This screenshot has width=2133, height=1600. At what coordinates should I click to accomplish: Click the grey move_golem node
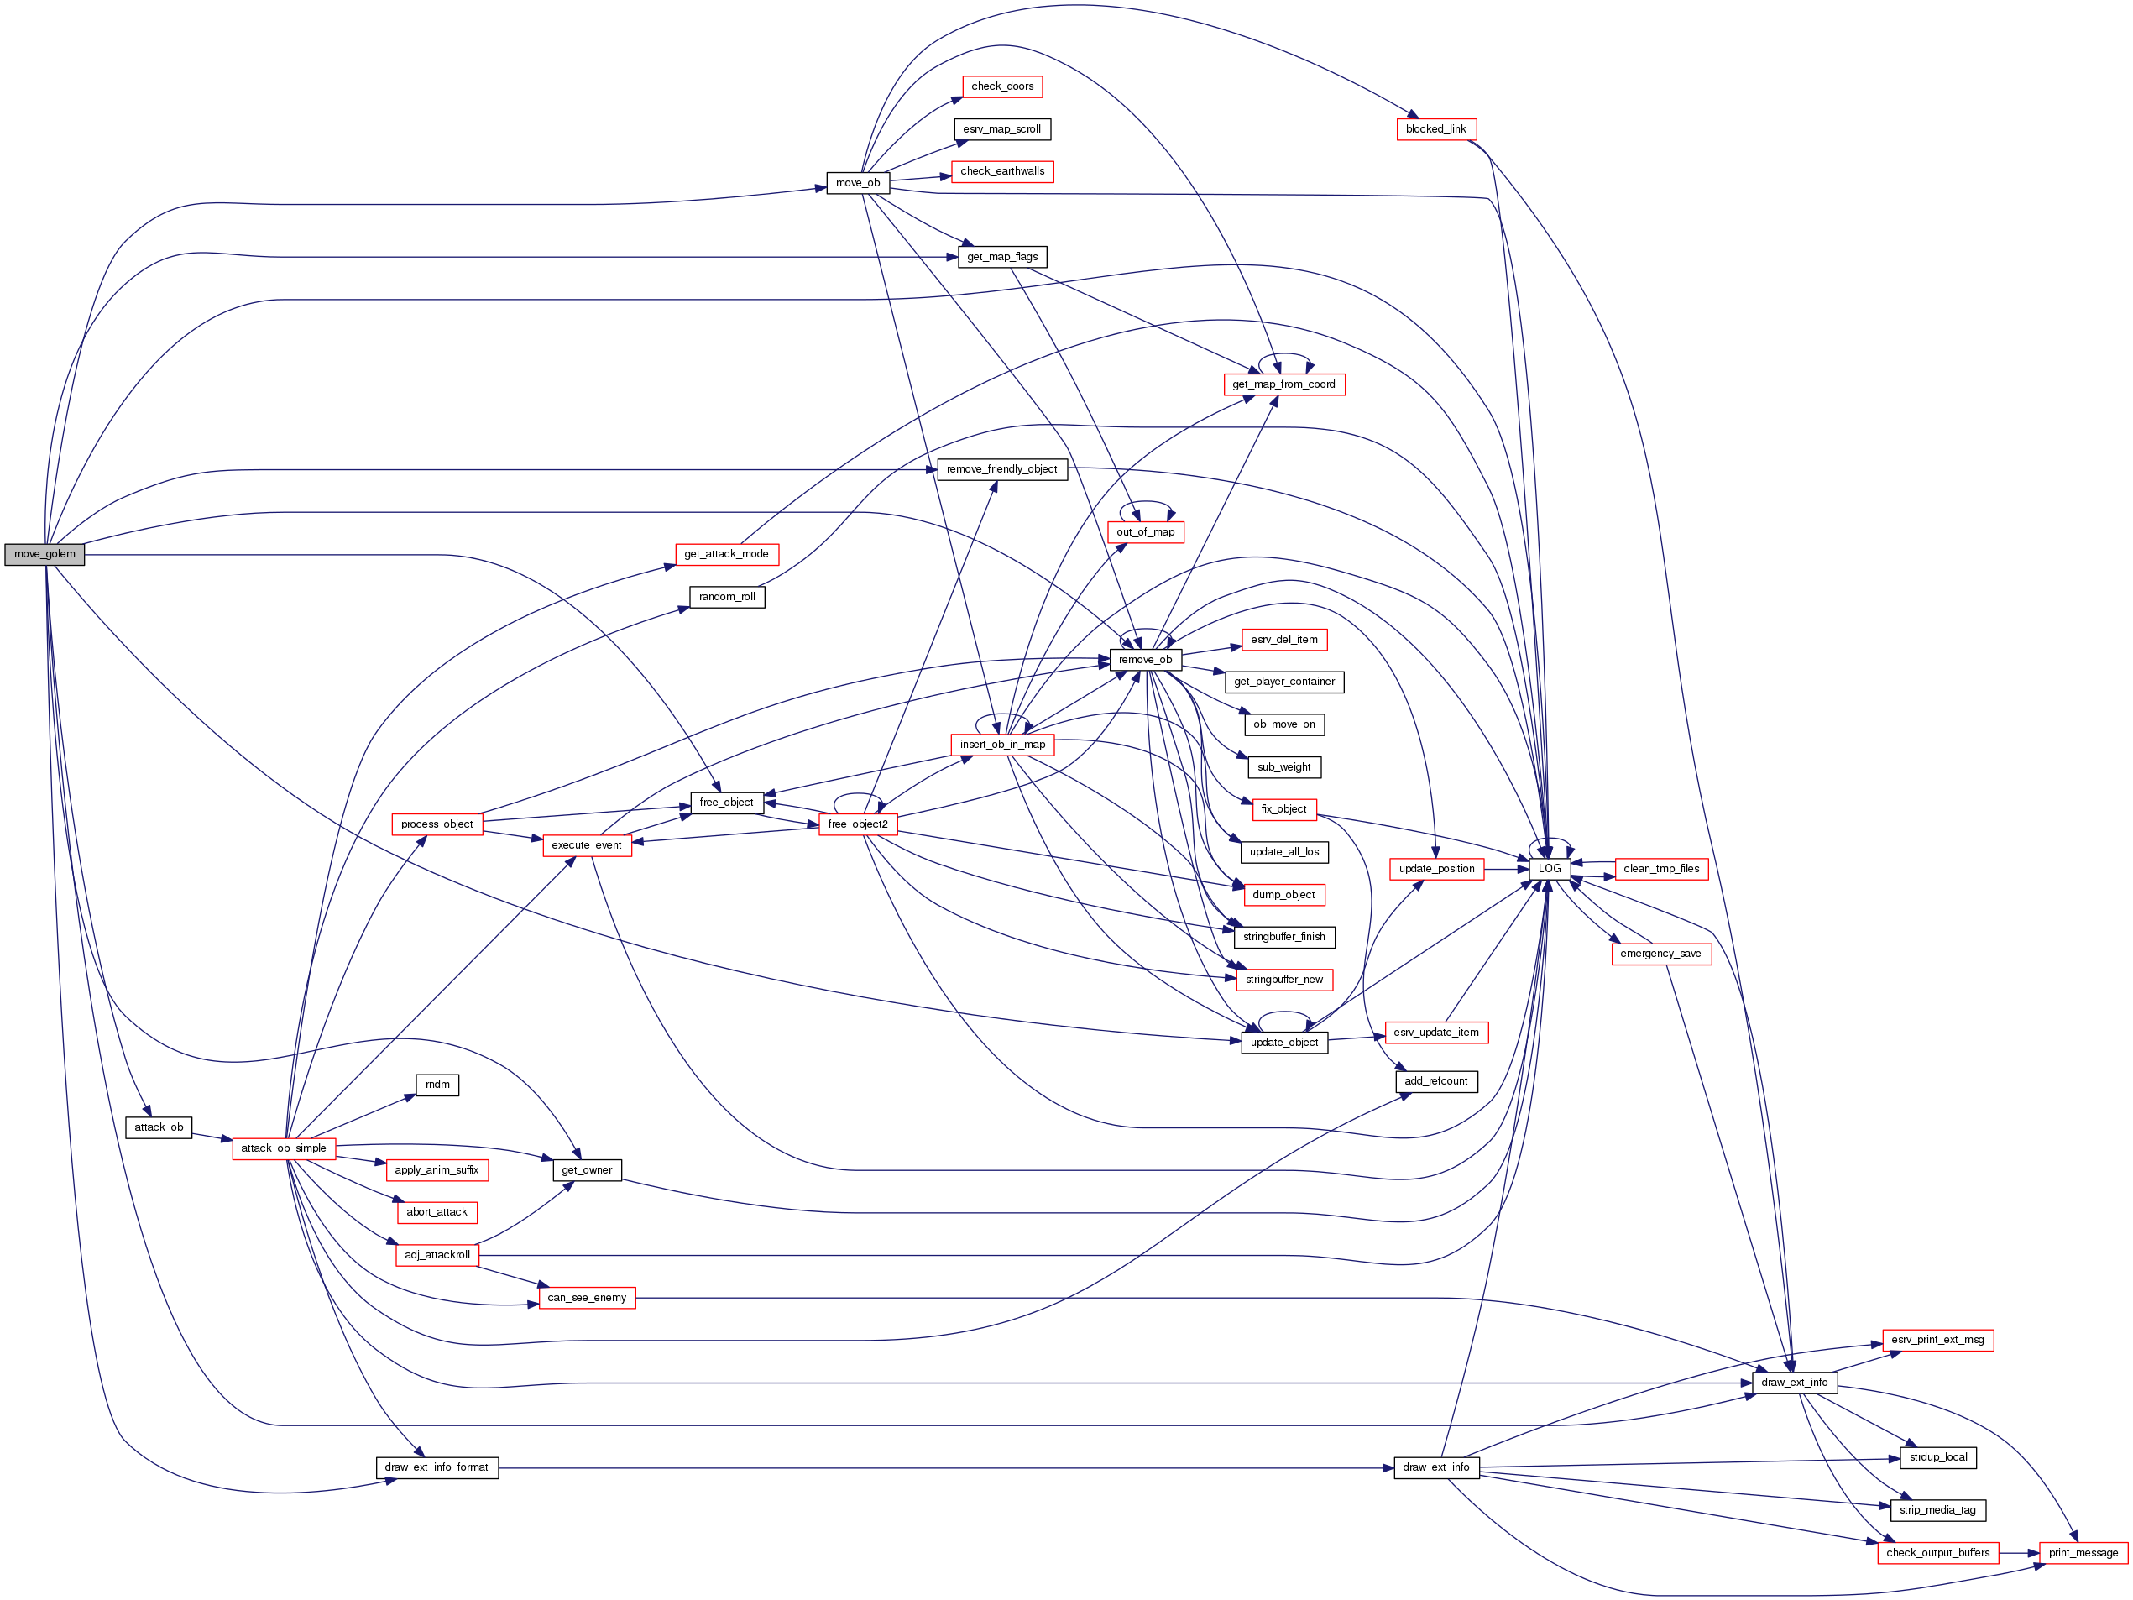(44, 555)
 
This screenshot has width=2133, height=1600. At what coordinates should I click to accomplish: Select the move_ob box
(857, 183)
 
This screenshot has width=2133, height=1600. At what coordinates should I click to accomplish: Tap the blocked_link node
(1435, 129)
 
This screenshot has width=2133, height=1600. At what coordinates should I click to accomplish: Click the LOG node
(1550, 869)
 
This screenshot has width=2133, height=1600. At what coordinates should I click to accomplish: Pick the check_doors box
(1002, 86)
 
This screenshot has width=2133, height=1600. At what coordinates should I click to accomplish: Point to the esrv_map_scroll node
(1002, 129)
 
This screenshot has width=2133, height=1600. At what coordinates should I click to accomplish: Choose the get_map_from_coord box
(1283, 384)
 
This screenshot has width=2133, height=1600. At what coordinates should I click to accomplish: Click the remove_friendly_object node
(1002, 470)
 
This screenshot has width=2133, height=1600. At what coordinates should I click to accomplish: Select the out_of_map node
(1146, 532)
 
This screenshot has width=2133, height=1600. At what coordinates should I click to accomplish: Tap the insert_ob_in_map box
(1002, 745)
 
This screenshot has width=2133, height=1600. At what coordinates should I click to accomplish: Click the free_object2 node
(857, 824)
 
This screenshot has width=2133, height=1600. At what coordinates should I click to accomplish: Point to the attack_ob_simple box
(284, 1148)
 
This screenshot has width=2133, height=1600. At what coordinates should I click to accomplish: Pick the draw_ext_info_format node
(436, 1468)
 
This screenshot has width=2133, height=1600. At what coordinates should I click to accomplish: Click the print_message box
(2083, 1554)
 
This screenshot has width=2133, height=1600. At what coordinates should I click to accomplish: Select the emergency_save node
(1660, 954)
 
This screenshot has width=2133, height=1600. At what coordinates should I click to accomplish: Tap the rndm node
(437, 1085)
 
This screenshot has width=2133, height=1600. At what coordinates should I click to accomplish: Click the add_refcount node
(1435, 1082)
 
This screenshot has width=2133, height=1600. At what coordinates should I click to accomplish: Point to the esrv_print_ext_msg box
(1937, 1341)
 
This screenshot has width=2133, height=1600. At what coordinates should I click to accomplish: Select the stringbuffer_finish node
(1283, 938)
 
